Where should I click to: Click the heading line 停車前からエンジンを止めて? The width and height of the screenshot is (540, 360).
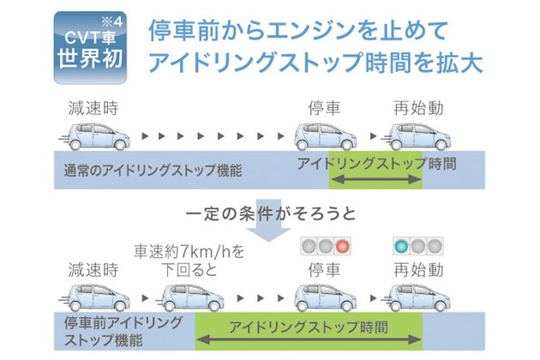298,31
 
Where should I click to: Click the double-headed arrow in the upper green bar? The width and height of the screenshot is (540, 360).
375,178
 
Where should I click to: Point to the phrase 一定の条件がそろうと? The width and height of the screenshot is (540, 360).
270,211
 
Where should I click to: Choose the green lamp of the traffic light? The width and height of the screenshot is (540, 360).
399,246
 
